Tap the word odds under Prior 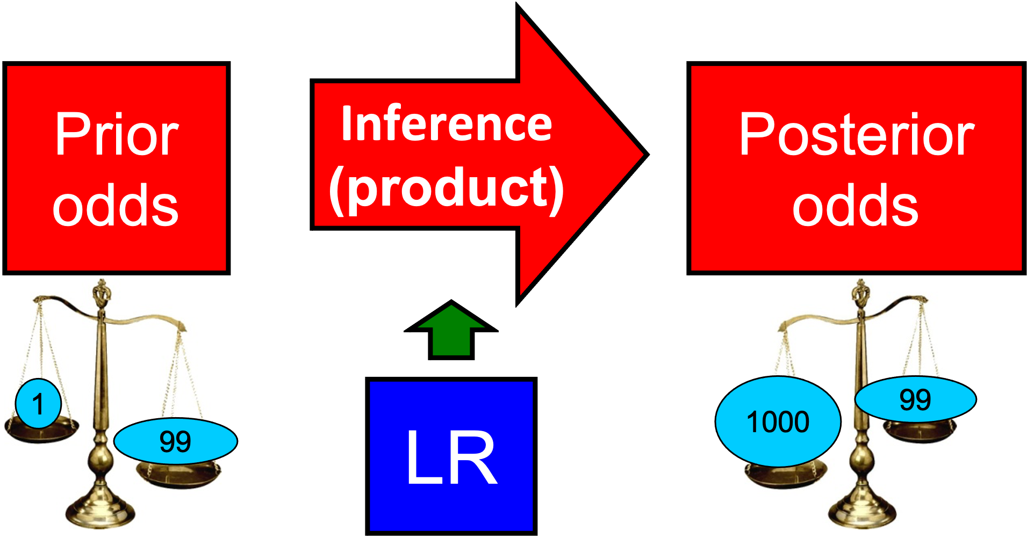click(x=116, y=205)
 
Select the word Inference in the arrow click(x=447, y=124)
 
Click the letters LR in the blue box click(x=451, y=457)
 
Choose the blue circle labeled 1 click(x=38, y=404)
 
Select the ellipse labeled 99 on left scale click(x=175, y=441)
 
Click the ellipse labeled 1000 click(x=778, y=421)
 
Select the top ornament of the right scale click(x=861, y=293)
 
